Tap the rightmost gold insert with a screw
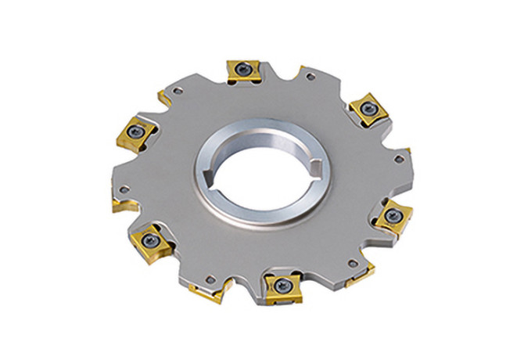point(391,214)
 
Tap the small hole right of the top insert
point(311,78)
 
